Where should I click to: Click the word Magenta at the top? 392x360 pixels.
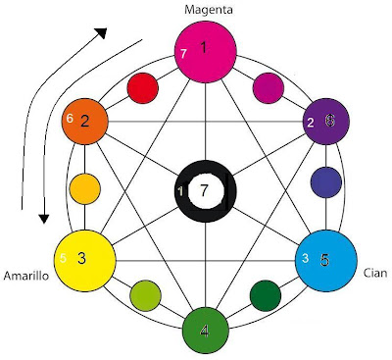204,9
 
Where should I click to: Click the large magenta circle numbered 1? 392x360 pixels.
204,49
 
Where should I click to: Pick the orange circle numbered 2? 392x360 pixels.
85,122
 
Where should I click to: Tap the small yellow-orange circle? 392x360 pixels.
84,187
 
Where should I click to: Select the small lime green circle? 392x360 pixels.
145,293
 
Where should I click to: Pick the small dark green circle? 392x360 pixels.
266,294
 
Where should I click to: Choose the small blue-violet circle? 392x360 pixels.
325,182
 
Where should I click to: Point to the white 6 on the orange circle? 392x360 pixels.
70,119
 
